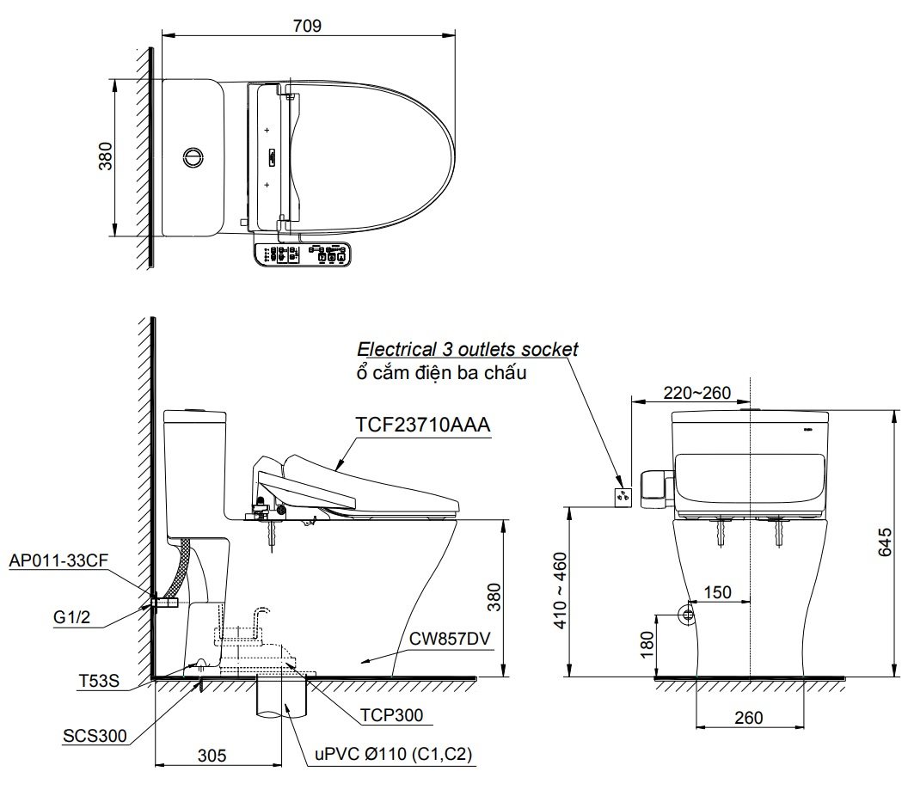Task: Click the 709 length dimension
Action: pyautogui.click(x=307, y=25)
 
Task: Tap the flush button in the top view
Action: pyautogui.click(x=194, y=157)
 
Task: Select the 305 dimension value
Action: pyautogui.click(x=212, y=756)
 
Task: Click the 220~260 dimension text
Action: pyautogui.click(x=696, y=393)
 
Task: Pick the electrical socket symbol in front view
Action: pyautogui.click(x=623, y=495)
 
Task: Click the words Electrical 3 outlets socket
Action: pyautogui.click(x=468, y=349)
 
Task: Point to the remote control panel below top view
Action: pyautogui.click(x=304, y=254)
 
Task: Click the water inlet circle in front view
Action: pyautogui.click(x=688, y=615)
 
